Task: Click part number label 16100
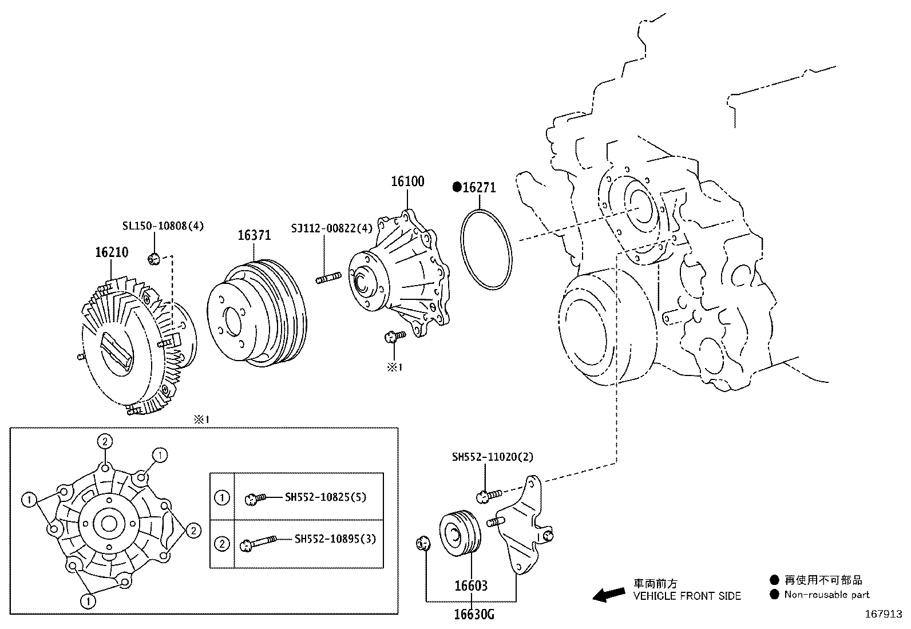[407, 182]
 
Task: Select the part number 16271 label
[479, 188]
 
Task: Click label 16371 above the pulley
[254, 235]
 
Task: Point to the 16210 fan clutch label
[112, 252]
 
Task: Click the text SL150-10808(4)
[163, 226]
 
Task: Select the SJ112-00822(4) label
[331, 228]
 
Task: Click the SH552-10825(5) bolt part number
[326, 497]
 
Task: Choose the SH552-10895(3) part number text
[335, 539]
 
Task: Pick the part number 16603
[471, 586]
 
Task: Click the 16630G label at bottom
[474, 615]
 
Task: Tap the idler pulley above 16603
[460, 532]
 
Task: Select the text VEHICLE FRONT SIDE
[687, 596]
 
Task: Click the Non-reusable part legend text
[826, 595]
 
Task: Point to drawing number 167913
[883, 614]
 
